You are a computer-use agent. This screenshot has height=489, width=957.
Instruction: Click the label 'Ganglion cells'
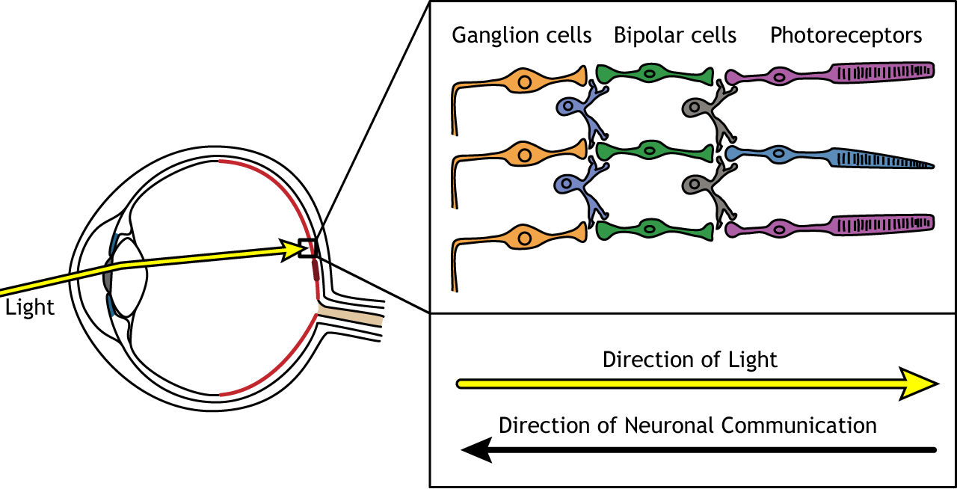pyautogui.click(x=521, y=35)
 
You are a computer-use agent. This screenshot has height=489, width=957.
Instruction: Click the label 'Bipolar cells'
pyautogui.click(x=674, y=35)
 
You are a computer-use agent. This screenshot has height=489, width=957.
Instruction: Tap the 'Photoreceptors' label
pyautogui.click(x=846, y=35)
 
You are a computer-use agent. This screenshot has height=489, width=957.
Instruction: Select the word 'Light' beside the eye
pyautogui.click(x=30, y=308)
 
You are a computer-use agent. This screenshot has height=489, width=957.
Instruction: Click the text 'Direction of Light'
pyautogui.click(x=689, y=360)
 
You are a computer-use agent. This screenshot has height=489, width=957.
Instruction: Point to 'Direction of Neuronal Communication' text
pyautogui.click(x=687, y=425)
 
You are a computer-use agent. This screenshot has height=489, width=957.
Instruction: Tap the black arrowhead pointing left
pyautogui.click(x=476, y=449)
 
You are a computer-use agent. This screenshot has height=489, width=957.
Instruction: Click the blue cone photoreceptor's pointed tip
pyautogui.click(x=927, y=164)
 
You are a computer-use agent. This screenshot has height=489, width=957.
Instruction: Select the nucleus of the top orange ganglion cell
pyautogui.click(x=526, y=81)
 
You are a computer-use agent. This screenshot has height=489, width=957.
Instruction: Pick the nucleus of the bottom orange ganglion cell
pyautogui.click(x=526, y=238)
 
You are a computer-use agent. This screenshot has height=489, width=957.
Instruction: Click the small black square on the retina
pyautogui.click(x=307, y=247)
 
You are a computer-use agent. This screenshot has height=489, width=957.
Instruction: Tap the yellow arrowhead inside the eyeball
pyautogui.click(x=292, y=250)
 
